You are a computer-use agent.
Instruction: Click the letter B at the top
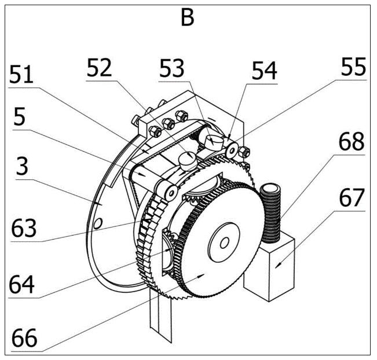(187, 18)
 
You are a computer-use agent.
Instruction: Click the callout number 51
(21, 75)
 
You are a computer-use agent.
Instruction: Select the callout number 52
(99, 68)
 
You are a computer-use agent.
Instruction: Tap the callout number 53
(171, 68)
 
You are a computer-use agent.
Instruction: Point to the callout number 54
(265, 71)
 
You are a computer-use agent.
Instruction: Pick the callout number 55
(353, 67)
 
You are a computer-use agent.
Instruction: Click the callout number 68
(352, 141)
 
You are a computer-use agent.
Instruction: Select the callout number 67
(352, 197)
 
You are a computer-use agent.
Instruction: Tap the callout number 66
(24, 338)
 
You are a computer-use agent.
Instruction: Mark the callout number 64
(21, 285)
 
